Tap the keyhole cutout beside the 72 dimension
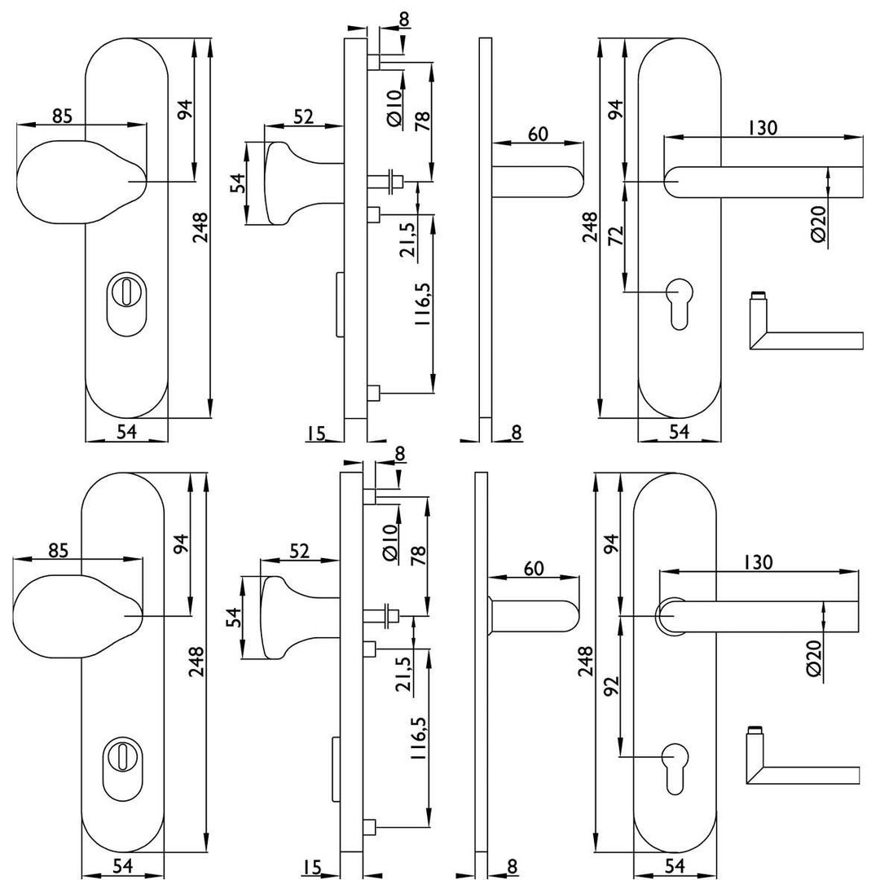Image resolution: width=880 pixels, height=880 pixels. (678, 301)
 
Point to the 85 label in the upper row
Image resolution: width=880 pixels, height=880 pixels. (62, 117)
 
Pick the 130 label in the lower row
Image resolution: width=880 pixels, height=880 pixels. (759, 561)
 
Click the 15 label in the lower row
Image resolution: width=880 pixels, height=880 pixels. (311, 867)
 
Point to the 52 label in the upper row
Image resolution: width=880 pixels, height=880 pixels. (303, 117)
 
